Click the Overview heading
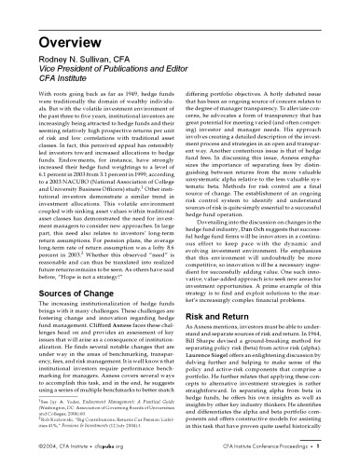(52, 20)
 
